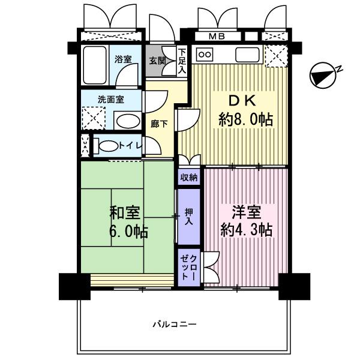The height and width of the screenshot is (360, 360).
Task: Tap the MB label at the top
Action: (217, 37)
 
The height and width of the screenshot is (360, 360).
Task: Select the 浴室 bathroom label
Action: (123, 59)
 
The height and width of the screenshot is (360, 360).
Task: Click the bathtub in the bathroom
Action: (95, 65)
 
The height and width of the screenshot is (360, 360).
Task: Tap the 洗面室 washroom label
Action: (111, 99)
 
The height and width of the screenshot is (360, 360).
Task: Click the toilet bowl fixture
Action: (107, 145)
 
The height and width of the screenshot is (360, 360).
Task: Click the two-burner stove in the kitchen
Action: (205, 54)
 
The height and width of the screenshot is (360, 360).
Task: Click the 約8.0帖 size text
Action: (245, 119)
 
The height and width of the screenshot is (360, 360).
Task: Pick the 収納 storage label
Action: (189, 177)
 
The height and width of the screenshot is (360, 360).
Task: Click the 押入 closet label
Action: (189, 216)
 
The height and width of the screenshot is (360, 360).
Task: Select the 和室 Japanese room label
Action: (124, 212)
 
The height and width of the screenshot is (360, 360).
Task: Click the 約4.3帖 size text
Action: (247, 230)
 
